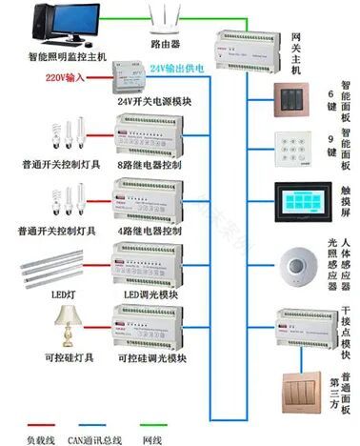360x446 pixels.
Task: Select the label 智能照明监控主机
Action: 54,57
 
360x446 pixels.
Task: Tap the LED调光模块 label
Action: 147,295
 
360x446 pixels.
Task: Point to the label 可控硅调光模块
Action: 150,359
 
